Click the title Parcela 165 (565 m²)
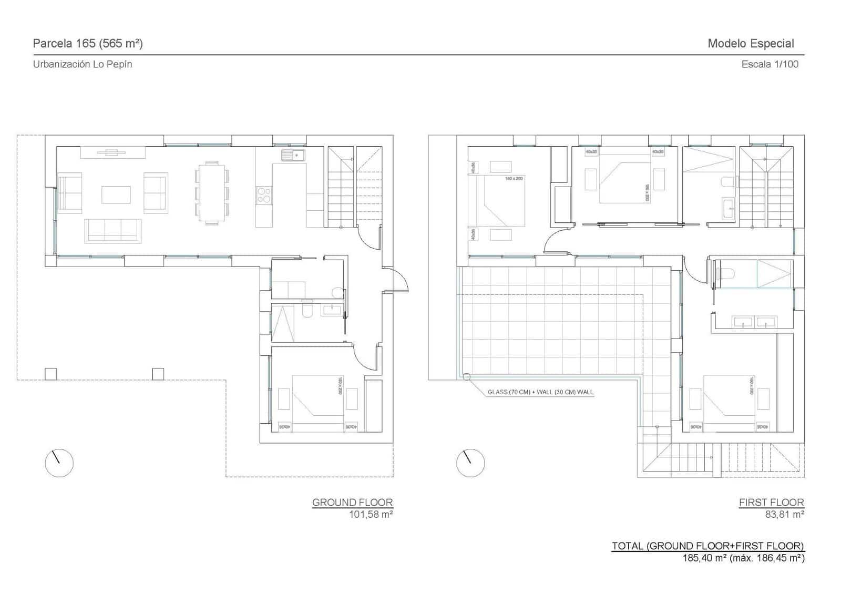click(x=88, y=44)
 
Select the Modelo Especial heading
click(x=750, y=44)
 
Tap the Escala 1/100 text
click(x=770, y=64)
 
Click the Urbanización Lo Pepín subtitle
click(x=83, y=64)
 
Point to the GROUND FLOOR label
click(x=352, y=502)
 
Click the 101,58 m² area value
click(x=371, y=514)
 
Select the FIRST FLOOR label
click(x=771, y=502)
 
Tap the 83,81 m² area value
click(x=784, y=514)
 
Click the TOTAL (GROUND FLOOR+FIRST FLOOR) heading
click(x=707, y=546)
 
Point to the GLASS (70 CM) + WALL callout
click(x=540, y=392)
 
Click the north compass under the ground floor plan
click(x=59, y=463)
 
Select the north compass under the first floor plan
click(x=470, y=463)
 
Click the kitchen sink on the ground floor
click(x=293, y=155)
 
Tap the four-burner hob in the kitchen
click(x=263, y=195)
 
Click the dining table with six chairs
click(x=212, y=193)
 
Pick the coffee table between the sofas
click(x=116, y=194)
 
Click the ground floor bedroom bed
click(x=317, y=403)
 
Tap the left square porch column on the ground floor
click(x=50, y=374)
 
